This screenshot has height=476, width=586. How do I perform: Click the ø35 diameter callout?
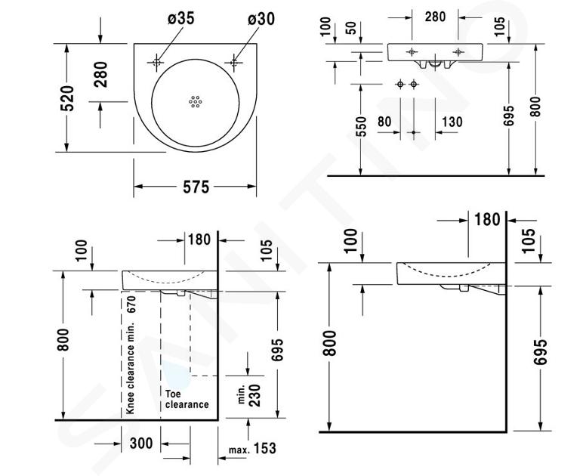tap(181, 19)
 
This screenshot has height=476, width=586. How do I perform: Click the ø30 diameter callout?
tap(261, 19)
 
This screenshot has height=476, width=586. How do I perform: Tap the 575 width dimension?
tap(196, 187)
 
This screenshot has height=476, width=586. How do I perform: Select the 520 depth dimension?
tap(67, 98)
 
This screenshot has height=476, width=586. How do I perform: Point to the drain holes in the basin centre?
tap(196, 101)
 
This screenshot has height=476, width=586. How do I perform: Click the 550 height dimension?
tap(361, 126)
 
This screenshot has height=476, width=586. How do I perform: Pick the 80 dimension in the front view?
tap(384, 122)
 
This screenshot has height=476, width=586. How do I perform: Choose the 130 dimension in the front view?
tap(452, 122)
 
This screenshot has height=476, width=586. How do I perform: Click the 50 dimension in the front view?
tap(351, 29)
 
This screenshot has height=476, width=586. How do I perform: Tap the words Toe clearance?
tap(187, 399)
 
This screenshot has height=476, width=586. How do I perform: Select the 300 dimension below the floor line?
tap(141, 444)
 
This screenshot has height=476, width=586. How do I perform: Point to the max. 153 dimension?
tap(253, 448)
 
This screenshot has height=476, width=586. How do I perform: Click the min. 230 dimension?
tap(249, 395)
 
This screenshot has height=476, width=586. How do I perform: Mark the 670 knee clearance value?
tap(132, 304)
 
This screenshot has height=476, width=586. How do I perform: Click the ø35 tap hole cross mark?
tap(156, 62)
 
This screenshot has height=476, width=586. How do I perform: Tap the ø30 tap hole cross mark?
tap(234, 62)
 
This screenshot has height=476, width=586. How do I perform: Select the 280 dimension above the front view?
tap(435, 17)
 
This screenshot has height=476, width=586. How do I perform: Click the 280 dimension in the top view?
tap(100, 74)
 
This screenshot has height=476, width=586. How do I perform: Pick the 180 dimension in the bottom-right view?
tap(487, 220)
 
